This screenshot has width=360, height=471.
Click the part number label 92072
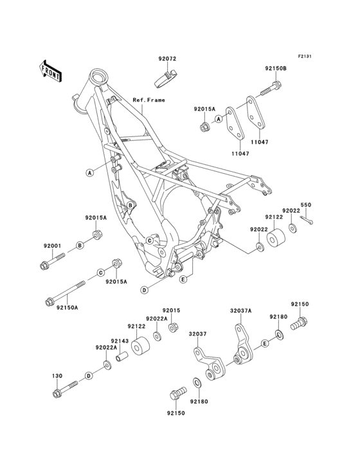click(x=167, y=59)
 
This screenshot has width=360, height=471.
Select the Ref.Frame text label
click(x=148, y=100)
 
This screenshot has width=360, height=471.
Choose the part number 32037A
click(x=241, y=310)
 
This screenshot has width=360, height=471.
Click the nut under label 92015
click(x=173, y=328)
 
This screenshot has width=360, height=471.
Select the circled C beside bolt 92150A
click(x=101, y=273)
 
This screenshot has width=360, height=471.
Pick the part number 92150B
click(x=275, y=68)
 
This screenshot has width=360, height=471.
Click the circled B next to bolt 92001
click(x=80, y=246)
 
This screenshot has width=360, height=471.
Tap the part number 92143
click(x=120, y=341)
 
